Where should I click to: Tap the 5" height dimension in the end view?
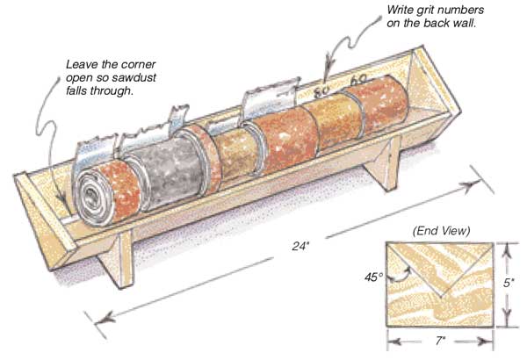pyautogui.click(x=509, y=284)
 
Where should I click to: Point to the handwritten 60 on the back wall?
pyautogui.click(x=358, y=79)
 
